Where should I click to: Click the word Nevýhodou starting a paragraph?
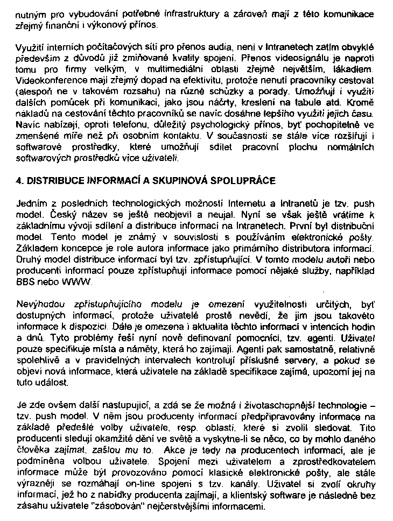pyautogui.click(x=38, y=304)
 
